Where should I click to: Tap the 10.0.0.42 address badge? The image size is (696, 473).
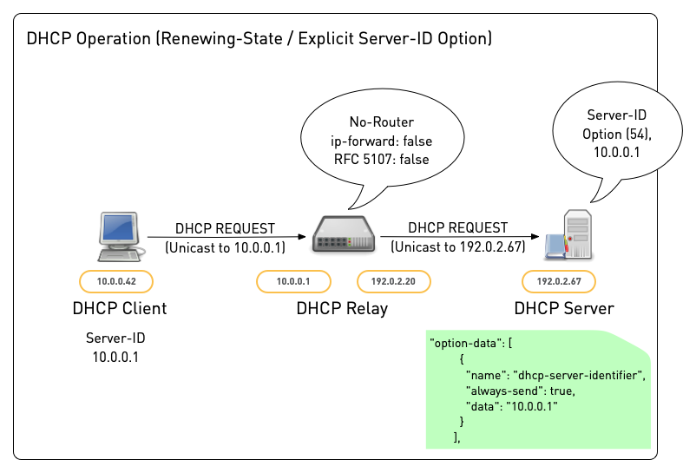click(x=115, y=281)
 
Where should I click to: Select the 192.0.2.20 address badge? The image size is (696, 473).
click(x=394, y=281)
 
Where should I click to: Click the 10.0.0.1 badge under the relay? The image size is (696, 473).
click(x=292, y=281)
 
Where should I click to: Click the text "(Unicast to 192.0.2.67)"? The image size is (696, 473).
click(x=457, y=246)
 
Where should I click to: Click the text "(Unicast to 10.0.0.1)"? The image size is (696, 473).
click(x=225, y=247)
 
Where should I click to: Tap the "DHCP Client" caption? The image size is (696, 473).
click(x=121, y=308)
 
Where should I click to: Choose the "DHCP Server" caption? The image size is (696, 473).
click(x=563, y=308)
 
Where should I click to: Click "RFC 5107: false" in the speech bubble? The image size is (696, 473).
click(x=381, y=159)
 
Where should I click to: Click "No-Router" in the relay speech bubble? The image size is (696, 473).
click(x=382, y=122)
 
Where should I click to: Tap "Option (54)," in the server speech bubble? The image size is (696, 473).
click(x=617, y=134)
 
